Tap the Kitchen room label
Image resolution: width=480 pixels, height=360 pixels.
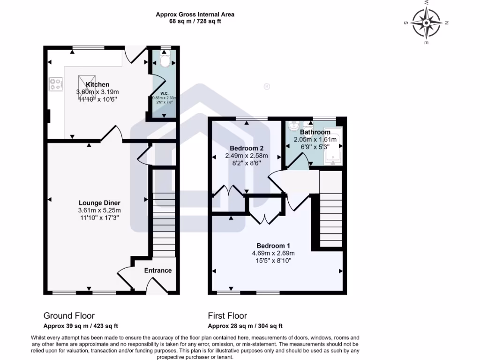tap(97, 85)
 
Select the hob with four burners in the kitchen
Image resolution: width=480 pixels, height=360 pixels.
tap(55, 84)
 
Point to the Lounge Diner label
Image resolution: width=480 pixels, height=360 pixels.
tap(99, 203)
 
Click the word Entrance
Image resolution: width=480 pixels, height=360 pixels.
tap(157, 270)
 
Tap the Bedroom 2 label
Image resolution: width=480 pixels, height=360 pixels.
tap(247, 149)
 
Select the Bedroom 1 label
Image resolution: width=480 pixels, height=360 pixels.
tap(273, 246)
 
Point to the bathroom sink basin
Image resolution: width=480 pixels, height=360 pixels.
tap(294, 126)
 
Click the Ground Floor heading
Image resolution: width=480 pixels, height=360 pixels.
tap(69, 315)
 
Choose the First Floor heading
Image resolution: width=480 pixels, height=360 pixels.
tap(227, 315)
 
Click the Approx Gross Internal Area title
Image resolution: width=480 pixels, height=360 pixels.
tap(195, 15)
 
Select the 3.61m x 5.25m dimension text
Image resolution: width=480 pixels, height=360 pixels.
tap(99, 210)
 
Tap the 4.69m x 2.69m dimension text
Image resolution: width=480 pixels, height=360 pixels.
tap(273, 253)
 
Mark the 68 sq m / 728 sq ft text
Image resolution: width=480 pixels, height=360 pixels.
tap(195, 22)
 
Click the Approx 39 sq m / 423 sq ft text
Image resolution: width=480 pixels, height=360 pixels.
tap(81, 326)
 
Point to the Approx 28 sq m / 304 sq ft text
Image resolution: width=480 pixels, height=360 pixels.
tap(245, 326)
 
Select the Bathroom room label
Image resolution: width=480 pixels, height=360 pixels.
tap(315, 132)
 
